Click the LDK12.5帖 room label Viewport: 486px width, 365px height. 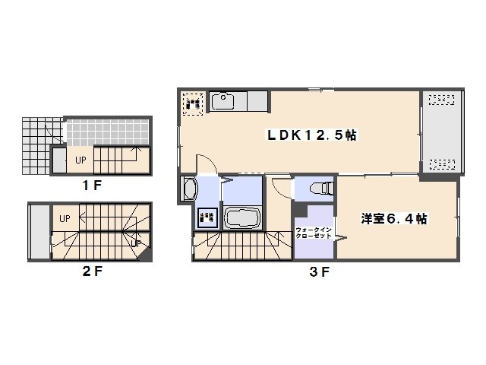point(311,135)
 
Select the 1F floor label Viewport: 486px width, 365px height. point(93,185)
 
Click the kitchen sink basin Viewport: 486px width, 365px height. point(224,101)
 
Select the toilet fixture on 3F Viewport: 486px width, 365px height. point(319,187)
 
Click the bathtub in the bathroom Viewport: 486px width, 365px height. point(242,218)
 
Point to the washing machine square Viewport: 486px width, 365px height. point(207,218)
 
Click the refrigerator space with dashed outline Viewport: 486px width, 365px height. point(192,103)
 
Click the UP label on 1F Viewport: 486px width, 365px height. point(80,160)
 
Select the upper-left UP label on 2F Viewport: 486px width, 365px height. point(65,219)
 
